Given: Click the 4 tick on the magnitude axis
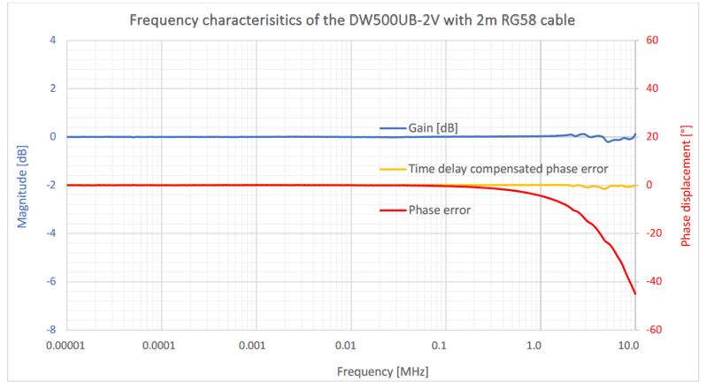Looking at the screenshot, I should click(53, 41).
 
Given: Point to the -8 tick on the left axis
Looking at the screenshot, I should click(51, 330).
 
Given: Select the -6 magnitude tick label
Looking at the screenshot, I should click(51, 282).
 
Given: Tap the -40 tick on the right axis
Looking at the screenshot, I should click(655, 282).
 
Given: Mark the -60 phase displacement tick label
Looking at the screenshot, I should click(655, 330).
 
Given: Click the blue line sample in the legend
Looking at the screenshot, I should click(392, 128).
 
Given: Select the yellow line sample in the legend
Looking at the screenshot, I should click(392, 168).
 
